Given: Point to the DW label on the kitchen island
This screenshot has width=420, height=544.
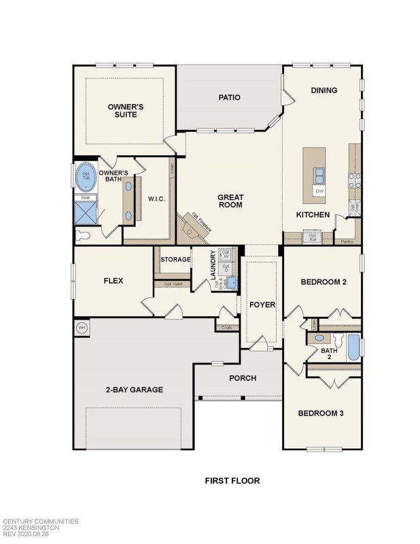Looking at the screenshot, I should [x=319, y=192].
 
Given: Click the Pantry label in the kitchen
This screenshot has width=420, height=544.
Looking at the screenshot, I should [x=347, y=241].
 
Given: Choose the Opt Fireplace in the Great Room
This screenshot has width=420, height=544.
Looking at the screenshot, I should [x=192, y=227].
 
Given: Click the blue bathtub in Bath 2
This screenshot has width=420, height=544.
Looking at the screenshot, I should [x=353, y=348].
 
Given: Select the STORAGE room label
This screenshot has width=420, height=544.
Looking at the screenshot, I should [x=175, y=259].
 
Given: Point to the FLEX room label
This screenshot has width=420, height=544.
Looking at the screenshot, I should [x=113, y=280].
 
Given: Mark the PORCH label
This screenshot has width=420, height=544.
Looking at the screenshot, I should [x=242, y=379].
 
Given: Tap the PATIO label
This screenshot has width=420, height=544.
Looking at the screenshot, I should [x=229, y=97].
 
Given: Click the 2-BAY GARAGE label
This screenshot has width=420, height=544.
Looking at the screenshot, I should [x=134, y=390].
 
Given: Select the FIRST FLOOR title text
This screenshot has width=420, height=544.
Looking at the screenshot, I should [x=232, y=481].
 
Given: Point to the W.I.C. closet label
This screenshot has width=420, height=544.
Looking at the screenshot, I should [x=157, y=199].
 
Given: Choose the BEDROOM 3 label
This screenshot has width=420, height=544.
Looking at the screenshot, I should [x=321, y=413].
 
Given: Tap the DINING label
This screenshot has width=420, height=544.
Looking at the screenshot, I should [x=324, y=90].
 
